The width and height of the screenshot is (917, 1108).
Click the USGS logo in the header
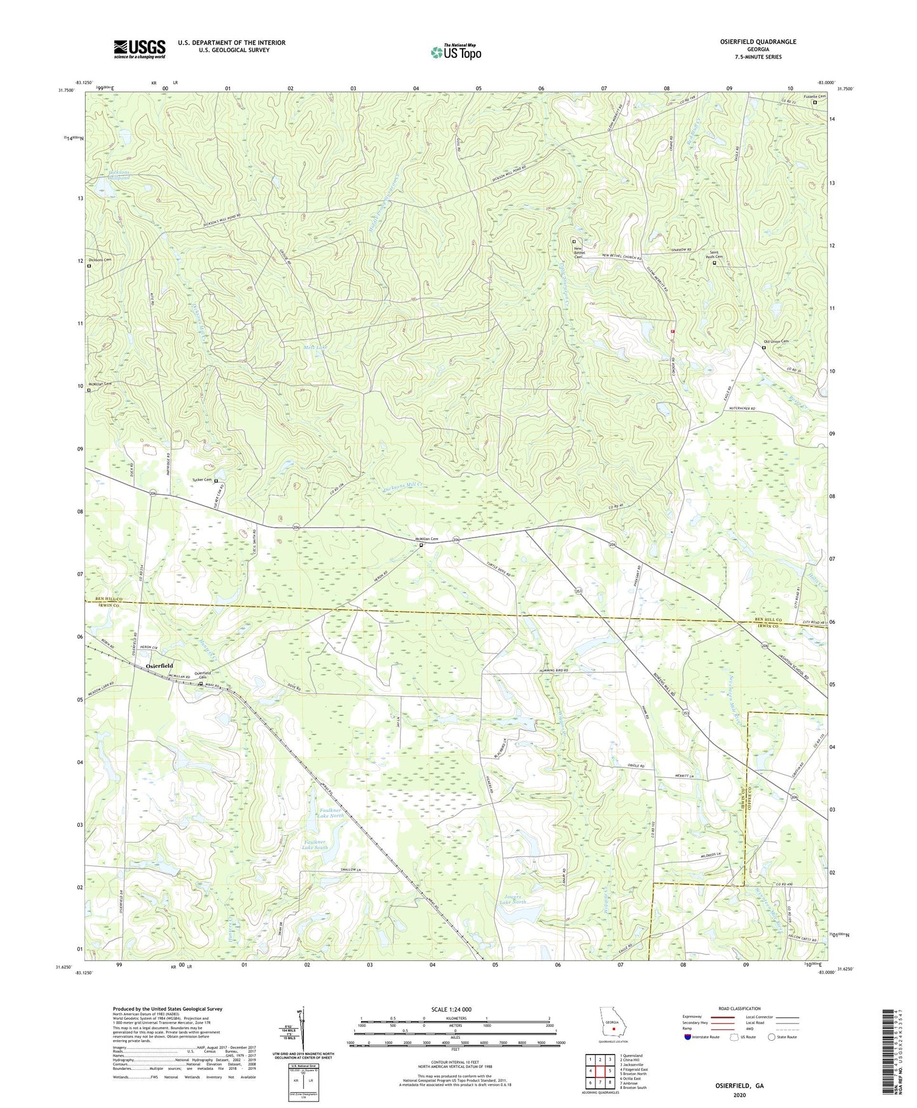(x=140, y=49)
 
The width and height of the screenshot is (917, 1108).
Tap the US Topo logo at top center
(x=456, y=52)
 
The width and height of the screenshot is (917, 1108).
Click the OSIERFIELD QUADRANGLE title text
(x=758, y=42)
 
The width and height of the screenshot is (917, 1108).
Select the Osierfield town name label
(x=159, y=665)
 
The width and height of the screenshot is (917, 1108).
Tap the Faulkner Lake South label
(x=315, y=844)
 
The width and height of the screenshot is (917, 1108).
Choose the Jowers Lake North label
(x=513, y=899)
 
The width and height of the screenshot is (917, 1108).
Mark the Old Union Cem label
(x=775, y=341)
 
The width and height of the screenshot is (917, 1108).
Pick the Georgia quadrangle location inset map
(x=612, y=1025)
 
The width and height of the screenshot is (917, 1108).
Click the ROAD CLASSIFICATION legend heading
(x=739, y=1008)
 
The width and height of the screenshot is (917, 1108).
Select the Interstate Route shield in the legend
(x=688, y=1037)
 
